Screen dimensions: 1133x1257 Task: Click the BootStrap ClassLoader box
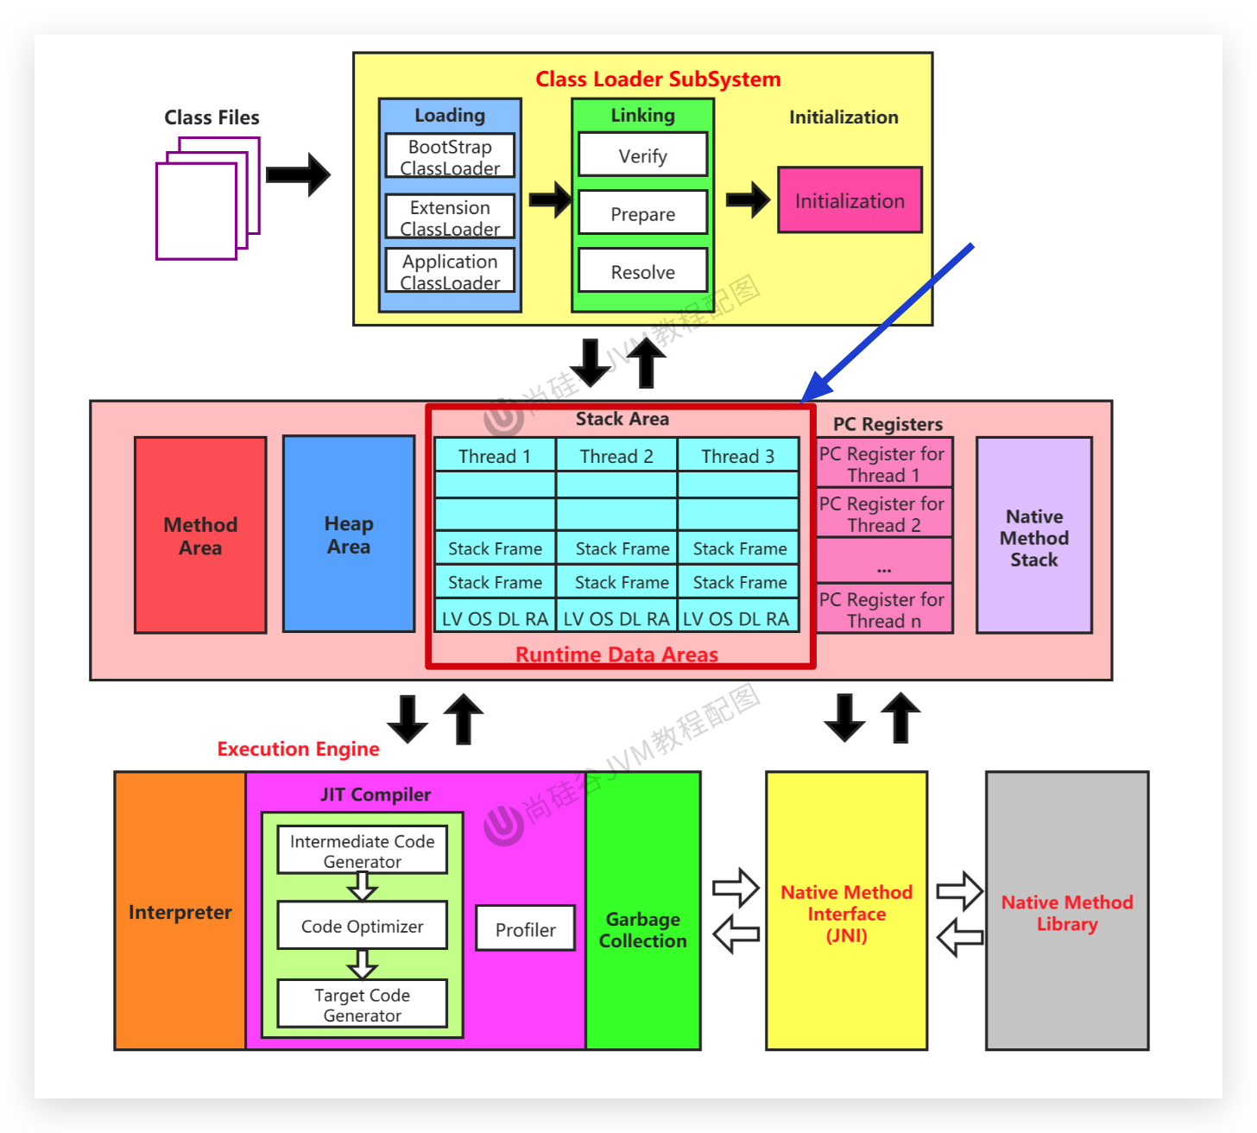click(x=450, y=156)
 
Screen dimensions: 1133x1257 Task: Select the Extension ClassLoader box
click(x=450, y=217)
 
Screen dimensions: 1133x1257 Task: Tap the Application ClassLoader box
click(x=450, y=271)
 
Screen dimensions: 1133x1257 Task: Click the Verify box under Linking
click(x=642, y=155)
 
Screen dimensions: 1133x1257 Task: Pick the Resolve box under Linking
click(x=642, y=271)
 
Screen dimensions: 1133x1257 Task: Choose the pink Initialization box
click(x=850, y=200)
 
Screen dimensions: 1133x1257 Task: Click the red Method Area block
click(x=200, y=535)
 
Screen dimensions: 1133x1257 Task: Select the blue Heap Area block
click(x=349, y=535)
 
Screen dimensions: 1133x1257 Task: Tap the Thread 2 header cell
click(x=616, y=456)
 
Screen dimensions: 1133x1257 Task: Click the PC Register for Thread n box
click(x=883, y=610)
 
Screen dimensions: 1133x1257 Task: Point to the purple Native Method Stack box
click(x=1034, y=536)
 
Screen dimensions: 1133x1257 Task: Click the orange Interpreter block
click(x=180, y=911)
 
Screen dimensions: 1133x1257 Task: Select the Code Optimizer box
click(x=362, y=926)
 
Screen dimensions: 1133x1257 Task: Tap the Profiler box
click(x=525, y=929)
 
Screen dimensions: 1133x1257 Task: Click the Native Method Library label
click(x=1067, y=913)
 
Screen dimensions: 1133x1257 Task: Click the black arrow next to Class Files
click(x=298, y=175)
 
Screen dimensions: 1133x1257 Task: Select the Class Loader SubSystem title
click(x=658, y=79)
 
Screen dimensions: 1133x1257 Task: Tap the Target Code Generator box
click(x=362, y=1004)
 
